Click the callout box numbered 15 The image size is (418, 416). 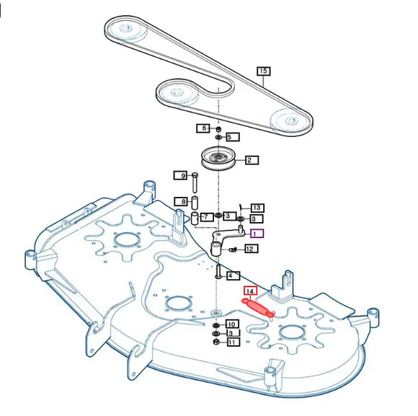(x=263, y=71)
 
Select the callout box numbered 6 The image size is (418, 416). (x=203, y=128)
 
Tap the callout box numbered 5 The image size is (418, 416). (x=233, y=137)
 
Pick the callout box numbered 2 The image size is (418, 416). (x=252, y=160)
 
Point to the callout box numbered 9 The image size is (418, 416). (x=180, y=175)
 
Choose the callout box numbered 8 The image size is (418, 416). (x=181, y=201)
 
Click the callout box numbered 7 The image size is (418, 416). (x=207, y=217)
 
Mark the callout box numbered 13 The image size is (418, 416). (x=257, y=208)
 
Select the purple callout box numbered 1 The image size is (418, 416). (x=257, y=234)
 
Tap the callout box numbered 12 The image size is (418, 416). (x=251, y=249)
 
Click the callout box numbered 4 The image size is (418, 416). (x=233, y=275)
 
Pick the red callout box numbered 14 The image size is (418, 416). (x=250, y=291)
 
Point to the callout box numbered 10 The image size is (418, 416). (x=232, y=324)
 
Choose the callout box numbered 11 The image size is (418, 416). (x=233, y=342)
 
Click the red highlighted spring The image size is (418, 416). (x=258, y=308)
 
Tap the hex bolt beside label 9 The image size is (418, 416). (x=195, y=182)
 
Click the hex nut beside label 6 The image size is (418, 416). (x=218, y=129)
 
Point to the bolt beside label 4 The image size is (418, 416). (x=218, y=272)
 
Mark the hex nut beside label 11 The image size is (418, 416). (x=216, y=342)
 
